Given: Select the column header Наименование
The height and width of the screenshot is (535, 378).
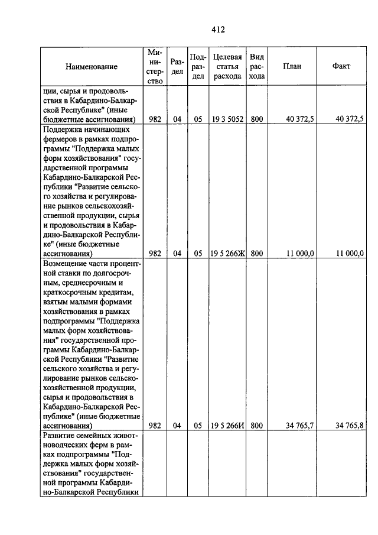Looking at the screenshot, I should (92, 67).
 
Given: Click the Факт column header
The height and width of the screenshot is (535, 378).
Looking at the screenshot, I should (341, 66).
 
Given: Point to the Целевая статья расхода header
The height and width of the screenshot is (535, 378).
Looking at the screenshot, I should (227, 67).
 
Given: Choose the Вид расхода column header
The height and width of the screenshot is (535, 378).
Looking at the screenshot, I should (257, 67).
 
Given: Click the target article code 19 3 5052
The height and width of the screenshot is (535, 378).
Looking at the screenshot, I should (227, 119).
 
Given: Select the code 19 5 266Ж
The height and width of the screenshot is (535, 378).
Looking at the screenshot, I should (227, 253).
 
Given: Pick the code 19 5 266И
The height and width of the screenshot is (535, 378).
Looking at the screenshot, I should (227, 425).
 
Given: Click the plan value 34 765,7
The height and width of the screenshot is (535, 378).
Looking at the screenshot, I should (299, 425).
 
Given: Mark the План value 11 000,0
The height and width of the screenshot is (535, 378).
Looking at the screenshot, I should (300, 253).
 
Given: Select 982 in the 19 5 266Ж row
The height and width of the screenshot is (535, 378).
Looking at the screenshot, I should (155, 253).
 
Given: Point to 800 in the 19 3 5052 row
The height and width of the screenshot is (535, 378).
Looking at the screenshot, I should (257, 119).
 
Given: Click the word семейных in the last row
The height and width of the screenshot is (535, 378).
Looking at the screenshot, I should (89, 435).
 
